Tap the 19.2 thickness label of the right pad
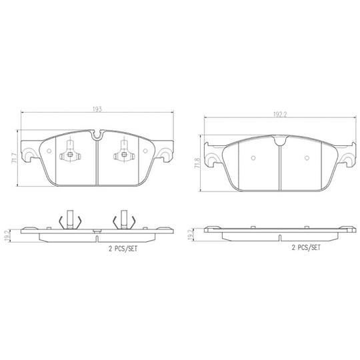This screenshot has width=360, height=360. [x=191, y=234]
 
